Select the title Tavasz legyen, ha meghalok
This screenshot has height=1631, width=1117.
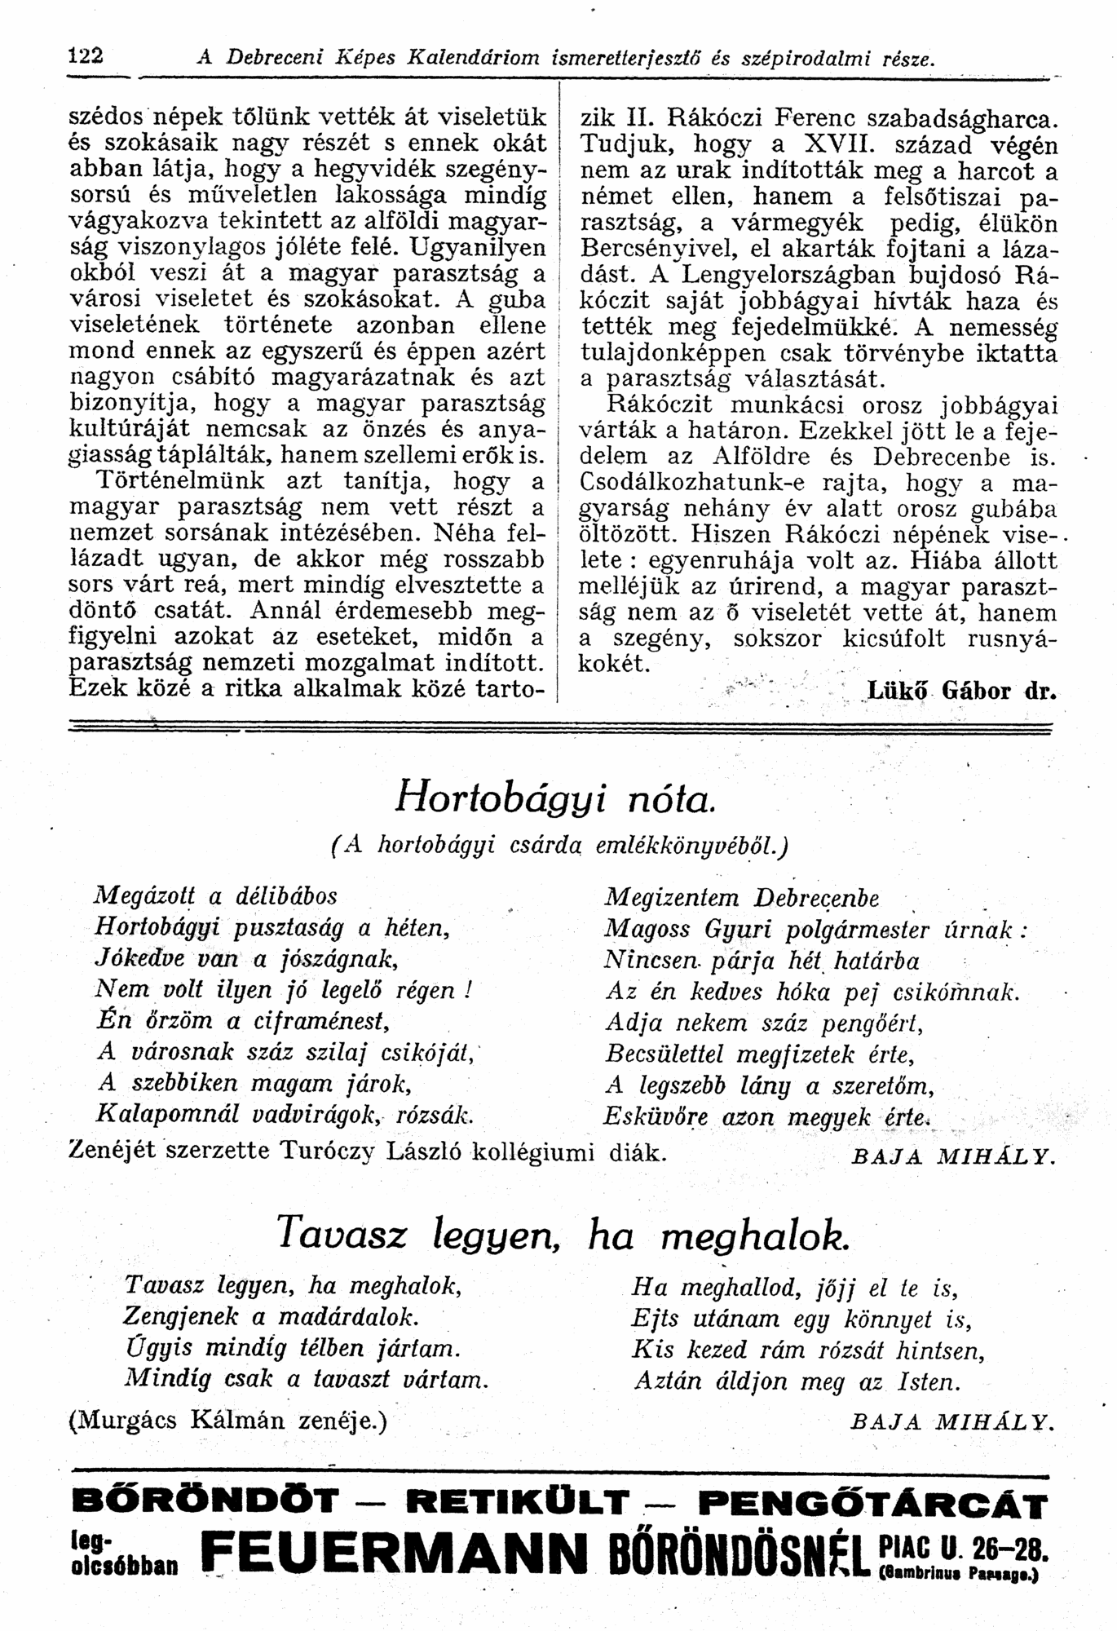(x=562, y=1235)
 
